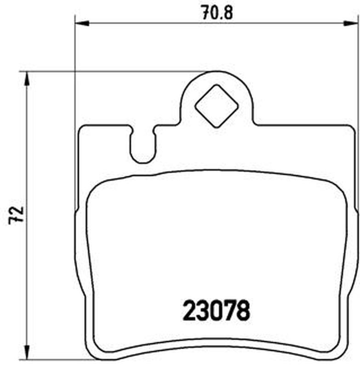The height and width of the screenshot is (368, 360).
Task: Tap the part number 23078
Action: pos(216,310)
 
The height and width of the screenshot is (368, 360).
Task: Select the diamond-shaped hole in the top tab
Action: pos(217,106)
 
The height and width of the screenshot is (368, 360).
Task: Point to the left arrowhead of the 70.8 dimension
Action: pos(82,23)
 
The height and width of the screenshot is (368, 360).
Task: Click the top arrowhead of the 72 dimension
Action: pos(27,79)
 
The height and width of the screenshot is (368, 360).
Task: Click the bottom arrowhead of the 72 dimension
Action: pos(27,352)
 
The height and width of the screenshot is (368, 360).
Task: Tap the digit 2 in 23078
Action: pos(189,310)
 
